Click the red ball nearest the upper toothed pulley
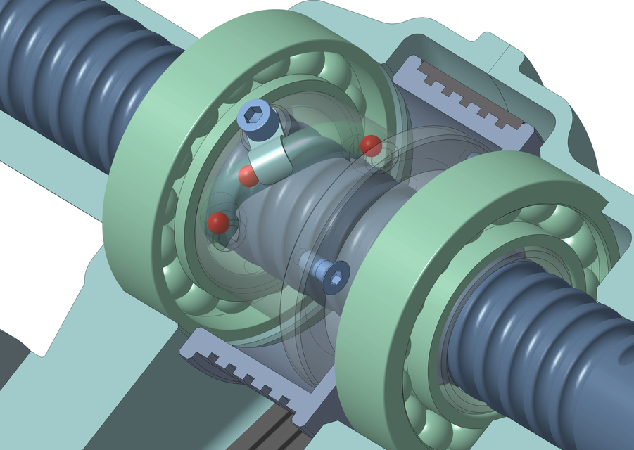(371, 146)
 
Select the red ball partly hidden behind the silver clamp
(246, 177)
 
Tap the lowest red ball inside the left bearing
(218, 222)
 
